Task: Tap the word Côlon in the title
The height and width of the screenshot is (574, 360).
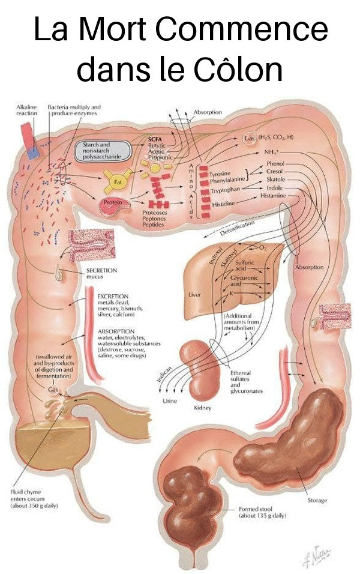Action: point(239,70)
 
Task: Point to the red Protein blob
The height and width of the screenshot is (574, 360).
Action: point(115,204)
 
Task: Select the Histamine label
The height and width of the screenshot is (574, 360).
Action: point(272,196)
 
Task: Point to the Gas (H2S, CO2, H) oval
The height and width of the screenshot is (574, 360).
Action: point(267,138)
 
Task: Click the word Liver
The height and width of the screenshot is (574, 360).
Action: point(195,295)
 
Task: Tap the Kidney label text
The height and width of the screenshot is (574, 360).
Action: point(203,408)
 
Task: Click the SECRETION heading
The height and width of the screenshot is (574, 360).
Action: point(101,270)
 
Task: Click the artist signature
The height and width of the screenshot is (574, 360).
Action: point(316,557)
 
